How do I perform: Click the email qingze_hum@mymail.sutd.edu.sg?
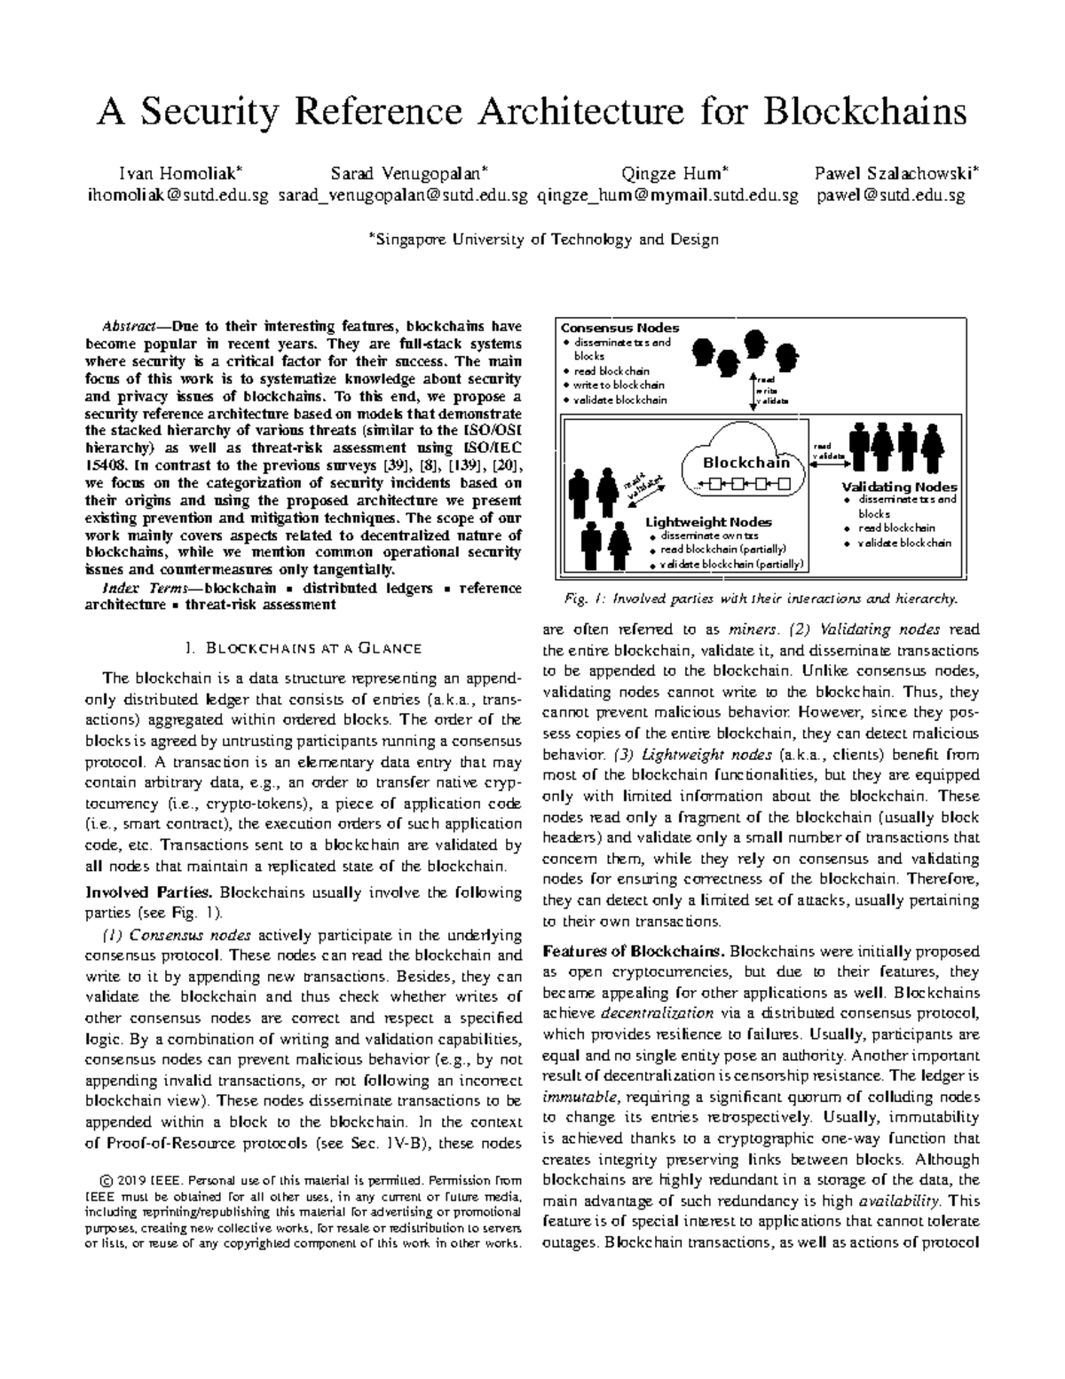click(668, 194)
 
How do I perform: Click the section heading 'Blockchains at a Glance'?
click(310, 646)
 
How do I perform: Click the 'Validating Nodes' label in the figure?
click(899, 487)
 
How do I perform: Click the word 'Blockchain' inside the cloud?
click(745, 463)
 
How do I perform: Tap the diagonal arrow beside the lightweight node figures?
click(644, 480)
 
